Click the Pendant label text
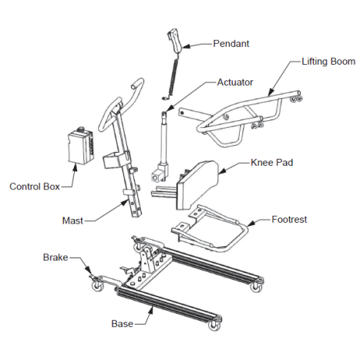[230, 44]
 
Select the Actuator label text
[236, 82]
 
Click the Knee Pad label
[271, 163]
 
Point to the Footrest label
[290, 220]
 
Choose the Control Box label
[35, 186]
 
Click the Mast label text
[72, 220]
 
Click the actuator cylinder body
[164, 139]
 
